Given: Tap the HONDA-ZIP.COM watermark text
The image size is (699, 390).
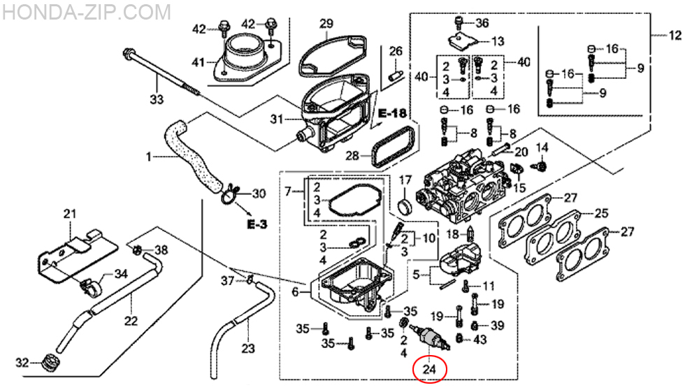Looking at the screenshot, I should pos(87,12).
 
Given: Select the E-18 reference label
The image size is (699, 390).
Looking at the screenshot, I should pos(392,113).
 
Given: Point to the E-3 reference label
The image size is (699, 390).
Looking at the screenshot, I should pos(257,224).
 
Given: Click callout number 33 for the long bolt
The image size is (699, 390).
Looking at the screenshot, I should pos(156,99).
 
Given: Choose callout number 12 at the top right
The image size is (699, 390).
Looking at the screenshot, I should pos(675,35).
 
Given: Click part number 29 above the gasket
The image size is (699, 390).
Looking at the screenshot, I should pos(326,24).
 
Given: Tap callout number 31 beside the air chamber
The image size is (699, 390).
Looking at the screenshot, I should pos(277,120).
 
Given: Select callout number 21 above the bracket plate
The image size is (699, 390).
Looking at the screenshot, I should pos(69,214).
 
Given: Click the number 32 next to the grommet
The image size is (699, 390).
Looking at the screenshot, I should pos(22,363).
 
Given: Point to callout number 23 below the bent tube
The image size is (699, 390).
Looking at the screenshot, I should pos(248,348).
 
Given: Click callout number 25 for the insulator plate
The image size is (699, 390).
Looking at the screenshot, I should pos(601,212).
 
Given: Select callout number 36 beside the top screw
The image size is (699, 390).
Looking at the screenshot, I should pos(482,23).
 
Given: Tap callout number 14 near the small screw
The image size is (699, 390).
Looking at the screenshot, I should pos(543,147).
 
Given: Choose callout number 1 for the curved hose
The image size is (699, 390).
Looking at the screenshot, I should pos(148,157).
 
